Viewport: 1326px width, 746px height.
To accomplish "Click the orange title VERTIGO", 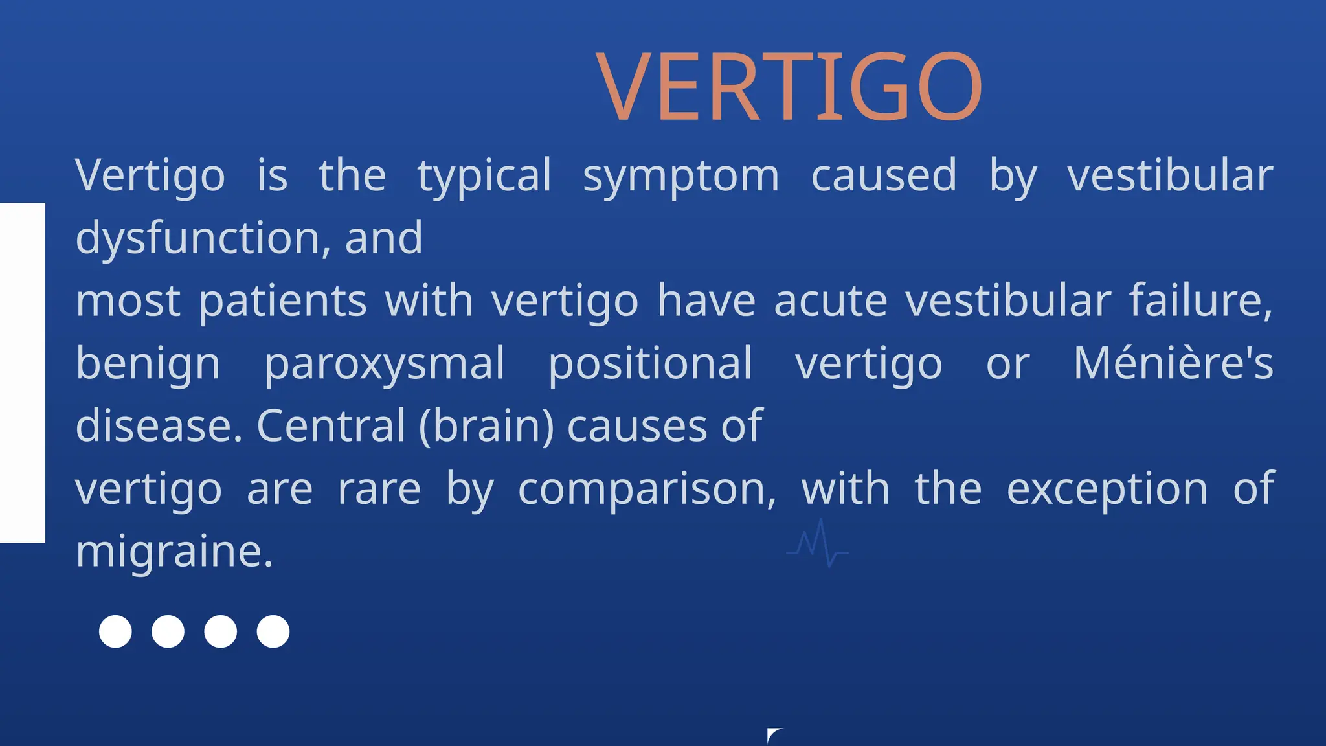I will pos(789,87).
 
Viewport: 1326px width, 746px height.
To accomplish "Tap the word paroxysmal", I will pos(385,364).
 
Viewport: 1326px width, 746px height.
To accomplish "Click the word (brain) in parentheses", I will pos(486,426).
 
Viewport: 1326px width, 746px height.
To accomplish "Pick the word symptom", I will pos(680,176).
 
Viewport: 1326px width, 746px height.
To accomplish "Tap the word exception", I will pos(1107,490).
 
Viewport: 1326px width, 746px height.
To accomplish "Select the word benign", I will pos(148,364).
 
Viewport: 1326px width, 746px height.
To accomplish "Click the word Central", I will pos(331,426).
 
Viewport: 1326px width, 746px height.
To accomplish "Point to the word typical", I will pos(484,176).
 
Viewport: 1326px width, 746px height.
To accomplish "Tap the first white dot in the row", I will pos(115,631).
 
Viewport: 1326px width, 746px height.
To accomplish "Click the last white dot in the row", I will pos(273,631).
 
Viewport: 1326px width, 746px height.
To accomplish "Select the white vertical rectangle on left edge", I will pos(22,372).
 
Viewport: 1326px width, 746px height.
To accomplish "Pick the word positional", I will pos(650,364).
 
